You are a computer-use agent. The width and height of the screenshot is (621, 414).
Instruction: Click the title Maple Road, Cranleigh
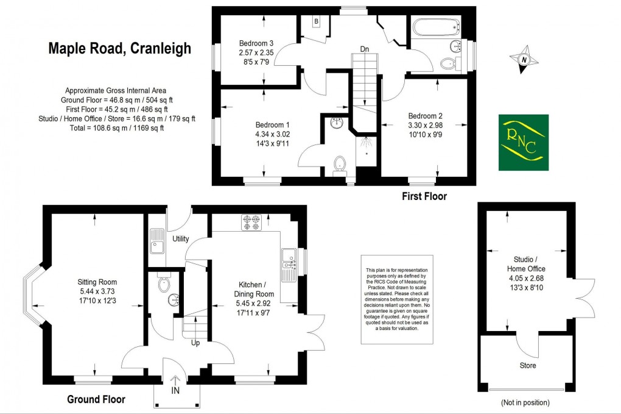[119, 49]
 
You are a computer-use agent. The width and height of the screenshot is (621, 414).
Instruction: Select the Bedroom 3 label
[256, 43]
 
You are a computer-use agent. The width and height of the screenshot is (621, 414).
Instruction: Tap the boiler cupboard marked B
[316, 22]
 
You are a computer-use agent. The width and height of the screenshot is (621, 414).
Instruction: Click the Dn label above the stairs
[364, 49]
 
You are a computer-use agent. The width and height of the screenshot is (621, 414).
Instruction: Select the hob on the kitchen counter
[251, 223]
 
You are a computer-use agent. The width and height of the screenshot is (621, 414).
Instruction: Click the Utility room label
[181, 238]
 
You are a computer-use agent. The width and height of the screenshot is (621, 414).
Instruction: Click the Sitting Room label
[97, 282]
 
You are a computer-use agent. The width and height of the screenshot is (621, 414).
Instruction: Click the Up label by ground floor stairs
[196, 343]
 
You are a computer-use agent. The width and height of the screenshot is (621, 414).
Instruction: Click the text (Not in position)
[525, 402]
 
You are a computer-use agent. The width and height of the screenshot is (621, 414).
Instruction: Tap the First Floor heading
[424, 196]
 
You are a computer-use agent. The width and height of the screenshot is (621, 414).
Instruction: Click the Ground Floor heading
[96, 399]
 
